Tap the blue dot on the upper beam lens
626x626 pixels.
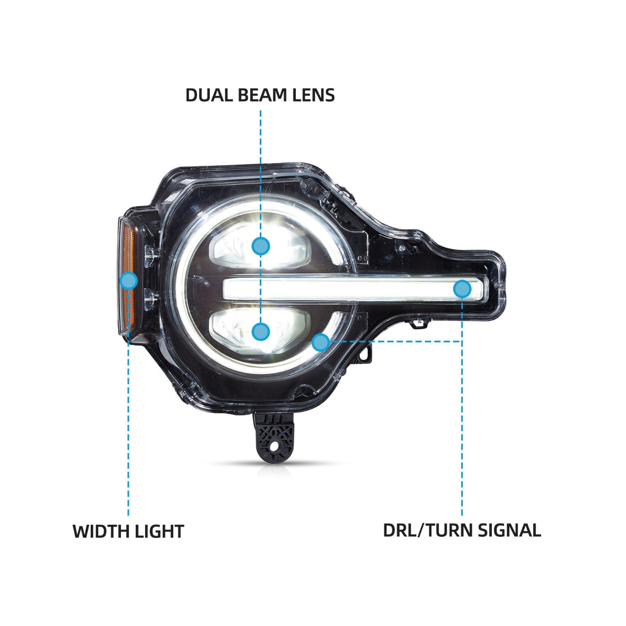[260, 246]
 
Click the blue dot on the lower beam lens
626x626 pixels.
[260, 332]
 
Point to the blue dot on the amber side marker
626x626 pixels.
[129, 280]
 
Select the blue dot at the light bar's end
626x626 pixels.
[462, 289]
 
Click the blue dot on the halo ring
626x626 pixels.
[321, 342]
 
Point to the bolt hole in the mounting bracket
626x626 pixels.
[276, 447]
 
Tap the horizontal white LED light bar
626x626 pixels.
[356, 289]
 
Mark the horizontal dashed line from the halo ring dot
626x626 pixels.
[395, 341]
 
